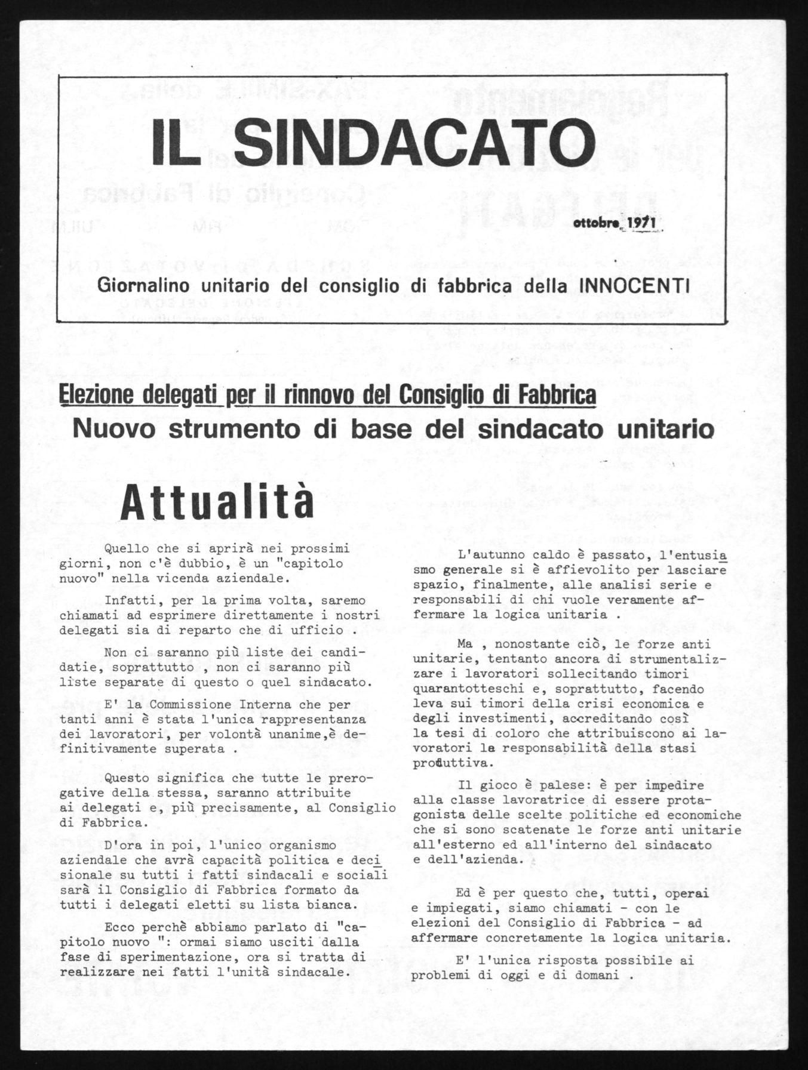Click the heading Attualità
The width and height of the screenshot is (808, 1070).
(217, 504)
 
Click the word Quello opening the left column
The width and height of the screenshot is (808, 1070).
(124, 548)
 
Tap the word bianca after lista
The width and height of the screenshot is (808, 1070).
(328, 905)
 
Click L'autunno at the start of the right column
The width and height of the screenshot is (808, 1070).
(484, 554)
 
